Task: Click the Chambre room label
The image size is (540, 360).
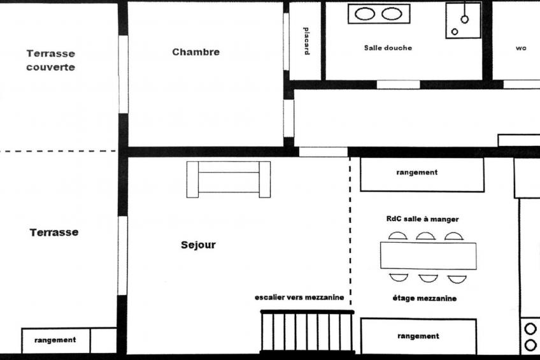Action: coord(195,52)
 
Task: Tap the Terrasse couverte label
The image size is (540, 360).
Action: coord(51,61)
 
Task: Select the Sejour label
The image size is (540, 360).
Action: coord(198,245)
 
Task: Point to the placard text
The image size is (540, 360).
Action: coord(306,41)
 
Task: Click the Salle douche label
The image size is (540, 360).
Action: coord(388,48)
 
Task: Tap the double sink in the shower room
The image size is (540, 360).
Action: coord(379,14)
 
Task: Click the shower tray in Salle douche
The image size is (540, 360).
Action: coord(463,20)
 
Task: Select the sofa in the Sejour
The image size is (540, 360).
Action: coord(229,180)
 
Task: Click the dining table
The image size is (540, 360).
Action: coord(429,256)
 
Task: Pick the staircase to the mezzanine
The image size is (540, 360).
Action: coord(307,332)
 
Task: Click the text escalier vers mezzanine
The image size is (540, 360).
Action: coord(299,298)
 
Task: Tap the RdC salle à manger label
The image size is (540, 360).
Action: coord(423,219)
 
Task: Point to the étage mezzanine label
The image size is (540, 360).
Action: coord(425,298)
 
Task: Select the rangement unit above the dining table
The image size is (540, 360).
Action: coord(422,175)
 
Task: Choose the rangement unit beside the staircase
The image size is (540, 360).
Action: coord(418,336)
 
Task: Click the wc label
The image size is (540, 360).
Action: coord(521,48)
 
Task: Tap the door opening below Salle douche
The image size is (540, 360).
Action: coord(398,84)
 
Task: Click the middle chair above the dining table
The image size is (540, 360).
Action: coord(425,236)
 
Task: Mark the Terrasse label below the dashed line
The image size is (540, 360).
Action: coord(54,233)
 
